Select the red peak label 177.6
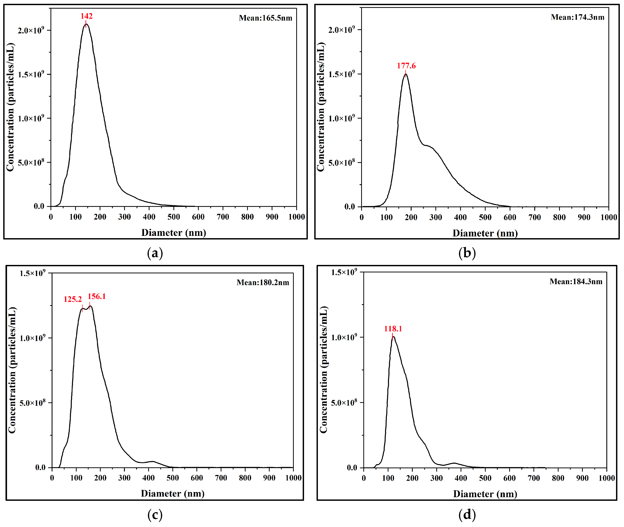(406, 66)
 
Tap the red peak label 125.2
(72, 299)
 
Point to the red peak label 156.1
(96, 296)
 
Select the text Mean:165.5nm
(266, 18)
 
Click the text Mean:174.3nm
(578, 17)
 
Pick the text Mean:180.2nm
(263, 282)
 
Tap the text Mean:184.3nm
(576, 281)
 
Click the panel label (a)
(155, 253)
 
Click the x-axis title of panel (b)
(485, 233)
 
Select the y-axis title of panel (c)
(12, 370)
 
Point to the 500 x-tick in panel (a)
(173, 217)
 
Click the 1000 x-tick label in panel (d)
(606, 478)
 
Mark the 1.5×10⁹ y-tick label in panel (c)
(32, 273)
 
